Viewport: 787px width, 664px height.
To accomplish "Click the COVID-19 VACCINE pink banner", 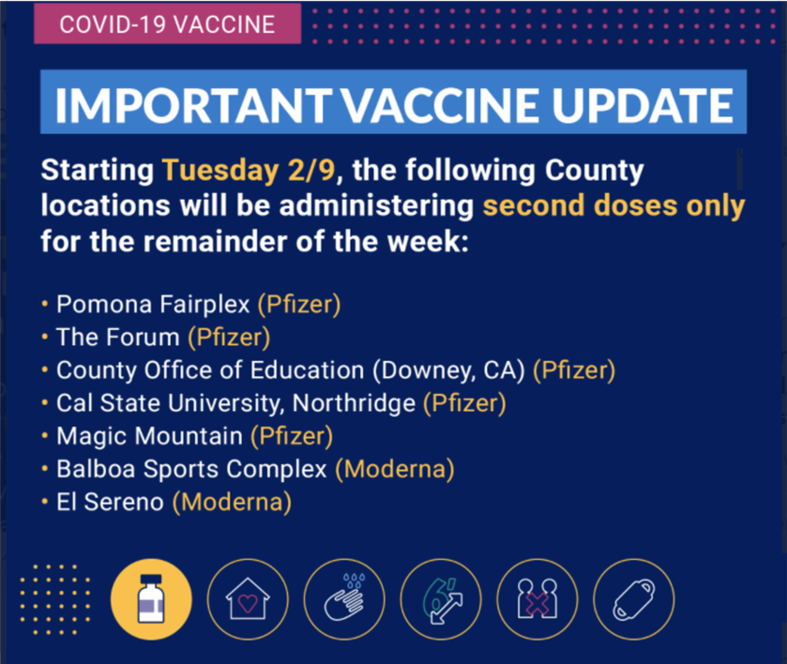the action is click(168, 23).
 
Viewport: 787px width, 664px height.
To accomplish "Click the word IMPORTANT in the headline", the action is click(193, 105).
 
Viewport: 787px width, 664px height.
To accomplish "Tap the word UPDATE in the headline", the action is click(643, 105).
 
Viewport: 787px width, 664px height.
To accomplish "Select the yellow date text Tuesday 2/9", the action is click(249, 170).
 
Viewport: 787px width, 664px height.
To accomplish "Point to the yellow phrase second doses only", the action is click(613, 206).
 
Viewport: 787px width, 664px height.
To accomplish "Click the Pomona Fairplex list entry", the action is click(153, 304).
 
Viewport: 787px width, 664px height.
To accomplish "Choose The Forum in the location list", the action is click(118, 337).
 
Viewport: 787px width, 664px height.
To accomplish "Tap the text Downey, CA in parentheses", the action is click(448, 370).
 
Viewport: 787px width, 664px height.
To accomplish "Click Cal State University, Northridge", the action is click(235, 403).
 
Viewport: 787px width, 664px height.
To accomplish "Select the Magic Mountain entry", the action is click(149, 436).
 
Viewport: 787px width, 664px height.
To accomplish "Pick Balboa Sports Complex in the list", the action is click(191, 469).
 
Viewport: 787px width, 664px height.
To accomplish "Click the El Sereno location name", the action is click(110, 502).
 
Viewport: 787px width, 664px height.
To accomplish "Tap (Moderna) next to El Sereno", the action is click(232, 503).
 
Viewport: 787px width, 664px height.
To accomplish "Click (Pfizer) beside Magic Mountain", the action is click(292, 436).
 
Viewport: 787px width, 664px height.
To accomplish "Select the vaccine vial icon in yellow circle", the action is click(151, 599).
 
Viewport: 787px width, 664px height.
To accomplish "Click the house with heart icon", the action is click(248, 599).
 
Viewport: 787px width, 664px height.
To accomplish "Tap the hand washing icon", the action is click(344, 599).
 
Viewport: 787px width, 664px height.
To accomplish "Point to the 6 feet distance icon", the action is click(441, 599).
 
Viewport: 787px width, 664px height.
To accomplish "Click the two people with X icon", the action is click(537, 599).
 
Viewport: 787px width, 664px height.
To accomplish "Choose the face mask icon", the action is click(633, 599).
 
